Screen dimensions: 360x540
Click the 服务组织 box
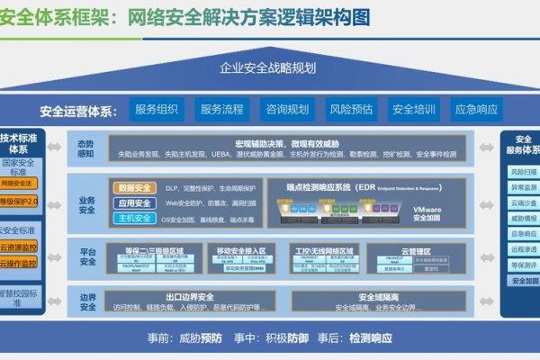[157, 111]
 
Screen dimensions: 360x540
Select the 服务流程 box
[221, 111]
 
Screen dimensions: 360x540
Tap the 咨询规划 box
[286, 111]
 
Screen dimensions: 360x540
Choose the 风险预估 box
[351, 111]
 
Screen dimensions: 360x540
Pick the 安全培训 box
[414, 111]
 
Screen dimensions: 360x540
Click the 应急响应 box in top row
[477, 111]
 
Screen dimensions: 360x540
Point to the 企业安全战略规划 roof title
[270, 68]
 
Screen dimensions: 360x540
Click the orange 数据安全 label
[134, 187]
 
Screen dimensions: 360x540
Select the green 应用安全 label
[134, 202]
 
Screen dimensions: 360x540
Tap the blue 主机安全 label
[134, 218]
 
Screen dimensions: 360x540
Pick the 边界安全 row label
[86, 301]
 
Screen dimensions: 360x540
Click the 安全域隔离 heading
[378, 296]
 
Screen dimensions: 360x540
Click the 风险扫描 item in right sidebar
[523, 170]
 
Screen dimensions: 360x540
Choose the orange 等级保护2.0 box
[18, 200]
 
